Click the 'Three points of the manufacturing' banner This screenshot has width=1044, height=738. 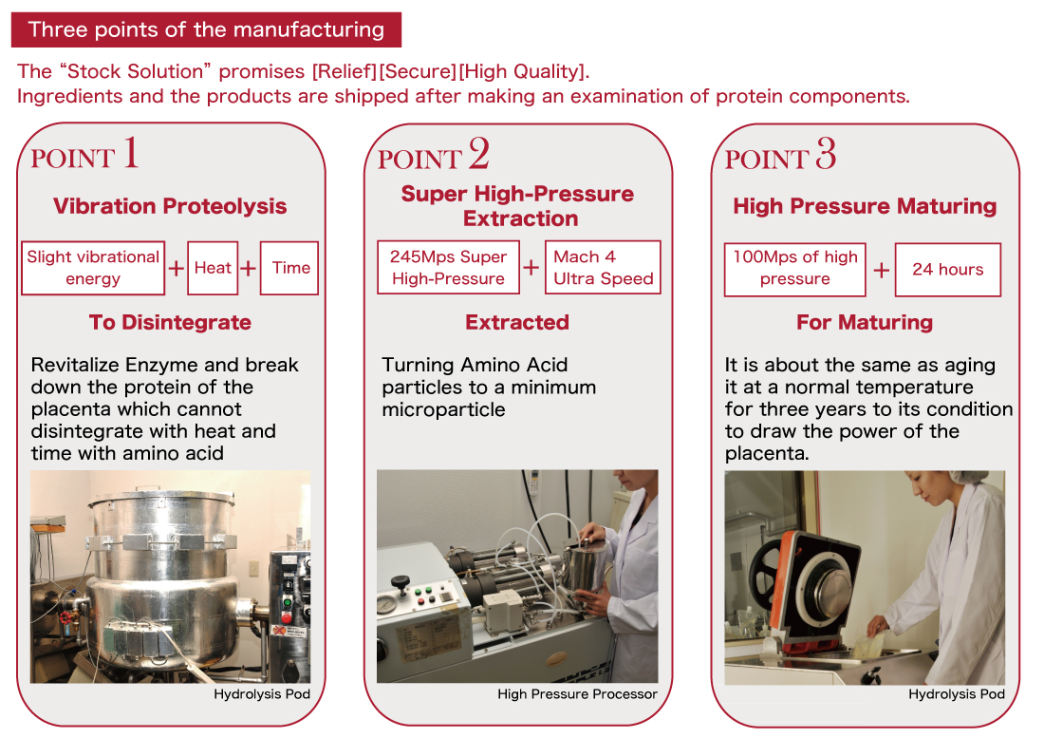coord(206,29)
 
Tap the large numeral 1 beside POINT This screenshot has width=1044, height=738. coord(130,153)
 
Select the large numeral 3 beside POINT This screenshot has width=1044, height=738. coord(825,153)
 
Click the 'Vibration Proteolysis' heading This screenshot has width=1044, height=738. coord(170,206)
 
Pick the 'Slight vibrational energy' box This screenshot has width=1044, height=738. coord(93,268)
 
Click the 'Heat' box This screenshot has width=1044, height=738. coord(213,268)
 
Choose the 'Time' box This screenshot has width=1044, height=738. coord(290,268)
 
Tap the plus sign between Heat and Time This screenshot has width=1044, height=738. coord(249,269)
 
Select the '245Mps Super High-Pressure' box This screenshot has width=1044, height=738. coord(448,268)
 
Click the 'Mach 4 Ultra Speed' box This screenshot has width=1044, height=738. coord(603,268)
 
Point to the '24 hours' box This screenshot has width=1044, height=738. coord(947,269)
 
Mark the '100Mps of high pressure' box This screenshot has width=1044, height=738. coord(795,268)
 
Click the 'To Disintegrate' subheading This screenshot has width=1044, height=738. coord(170,322)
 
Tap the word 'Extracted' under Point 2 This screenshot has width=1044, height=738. coord(517,322)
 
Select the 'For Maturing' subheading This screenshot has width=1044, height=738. coord(865,322)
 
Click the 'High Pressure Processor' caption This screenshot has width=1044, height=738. coord(577,694)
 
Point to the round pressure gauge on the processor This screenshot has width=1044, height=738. coord(387,604)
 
